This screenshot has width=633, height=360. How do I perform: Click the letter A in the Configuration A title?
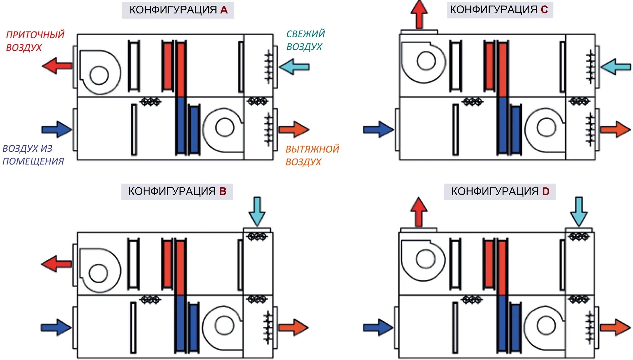click(224, 10)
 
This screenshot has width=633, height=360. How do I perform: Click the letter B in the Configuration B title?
click(223, 191)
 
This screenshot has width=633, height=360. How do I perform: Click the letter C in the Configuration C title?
click(544, 10)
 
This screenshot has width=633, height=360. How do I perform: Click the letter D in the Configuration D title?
click(545, 191)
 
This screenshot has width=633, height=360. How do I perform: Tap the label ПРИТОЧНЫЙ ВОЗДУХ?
click(35, 41)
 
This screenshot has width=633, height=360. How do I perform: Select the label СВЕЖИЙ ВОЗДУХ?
click(305, 40)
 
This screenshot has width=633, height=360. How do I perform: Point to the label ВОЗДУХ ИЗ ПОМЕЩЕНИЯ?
click(33, 155)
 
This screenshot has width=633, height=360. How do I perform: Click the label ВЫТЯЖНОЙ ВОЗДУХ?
click(312, 155)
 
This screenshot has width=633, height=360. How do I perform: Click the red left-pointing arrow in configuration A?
click(57, 66)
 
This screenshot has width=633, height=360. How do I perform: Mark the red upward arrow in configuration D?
click(419, 211)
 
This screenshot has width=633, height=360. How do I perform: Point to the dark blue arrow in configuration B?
click(56, 327)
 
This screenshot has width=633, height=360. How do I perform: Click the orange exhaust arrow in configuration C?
click(615, 129)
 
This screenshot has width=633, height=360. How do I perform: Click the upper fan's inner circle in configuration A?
click(99, 75)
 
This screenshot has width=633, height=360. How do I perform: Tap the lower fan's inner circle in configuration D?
click(546, 325)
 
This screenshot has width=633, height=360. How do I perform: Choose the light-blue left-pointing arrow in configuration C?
click(615, 67)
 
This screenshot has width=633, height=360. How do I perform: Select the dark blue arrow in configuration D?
click(378, 327)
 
